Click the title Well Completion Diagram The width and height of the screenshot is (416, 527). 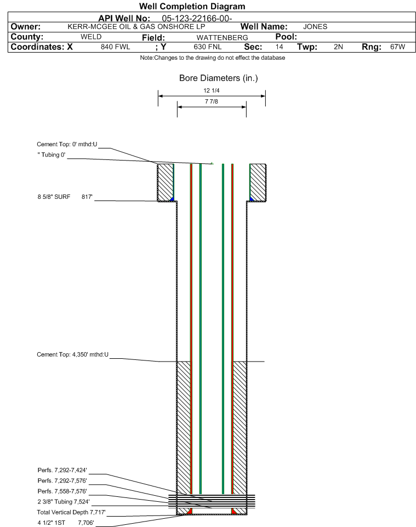click(192, 7)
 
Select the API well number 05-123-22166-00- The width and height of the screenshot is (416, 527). click(197, 19)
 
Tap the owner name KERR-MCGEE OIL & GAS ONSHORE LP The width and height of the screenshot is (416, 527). click(136, 27)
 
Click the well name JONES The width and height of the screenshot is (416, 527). click(315, 27)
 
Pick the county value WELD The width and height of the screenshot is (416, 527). click(91, 37)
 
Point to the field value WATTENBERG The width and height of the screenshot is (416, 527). click(222, 38)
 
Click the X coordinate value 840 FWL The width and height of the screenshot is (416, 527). click(115, 47)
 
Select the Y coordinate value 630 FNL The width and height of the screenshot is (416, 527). click(208, 47)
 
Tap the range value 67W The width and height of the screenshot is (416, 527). click(397, 47)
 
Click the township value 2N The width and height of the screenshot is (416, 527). click(338, 47)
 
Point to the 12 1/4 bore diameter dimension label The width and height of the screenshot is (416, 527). click(211, 90)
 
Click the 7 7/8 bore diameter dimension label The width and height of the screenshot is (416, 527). click(211, 101)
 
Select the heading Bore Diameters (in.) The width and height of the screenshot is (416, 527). click(218, 78)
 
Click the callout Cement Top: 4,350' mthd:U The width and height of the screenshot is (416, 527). click(73, 354)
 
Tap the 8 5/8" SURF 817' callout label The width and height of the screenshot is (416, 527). click(65, 197)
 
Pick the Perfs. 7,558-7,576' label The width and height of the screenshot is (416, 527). click(62, 491)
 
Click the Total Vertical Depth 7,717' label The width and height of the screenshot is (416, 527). click(71, 513)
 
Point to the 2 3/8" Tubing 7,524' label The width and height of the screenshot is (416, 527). click(64, 502)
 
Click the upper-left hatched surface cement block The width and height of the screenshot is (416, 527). click(166, 182)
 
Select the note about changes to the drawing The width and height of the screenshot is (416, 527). click(213, 58)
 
